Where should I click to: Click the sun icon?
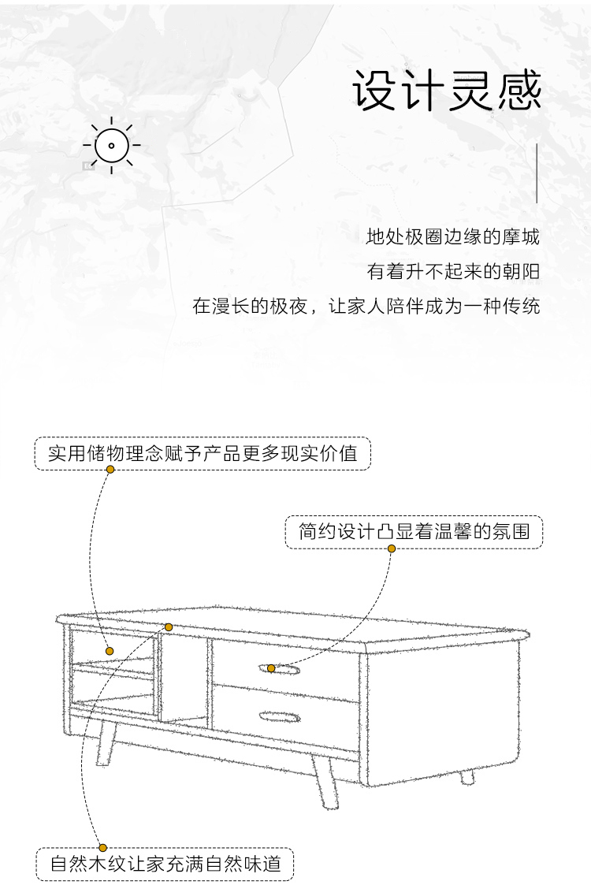click(x=111, y=145)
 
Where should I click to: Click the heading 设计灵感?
click(x=446, y=91)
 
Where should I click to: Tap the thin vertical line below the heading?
click(x=537, y=173)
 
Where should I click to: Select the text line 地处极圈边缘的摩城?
click(x=452, y=236)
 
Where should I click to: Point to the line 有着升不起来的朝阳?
click(x=453, y=271)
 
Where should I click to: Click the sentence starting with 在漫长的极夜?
click(x=366, y=307)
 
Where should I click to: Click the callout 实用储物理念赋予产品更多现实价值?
click(x=203, y=454)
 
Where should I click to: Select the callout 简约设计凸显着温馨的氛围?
click(x=414, y=532)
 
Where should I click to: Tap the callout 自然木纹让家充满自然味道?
click(x=165, y=864)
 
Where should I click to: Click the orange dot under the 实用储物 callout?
click(x=110, y=469)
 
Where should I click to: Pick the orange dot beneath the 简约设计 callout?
click(x=392, y=548)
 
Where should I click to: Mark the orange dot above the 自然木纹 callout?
click(x=103, y=847)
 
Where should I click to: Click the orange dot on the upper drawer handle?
click(x=271, y=668)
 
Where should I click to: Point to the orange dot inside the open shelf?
click(x=110, y=651)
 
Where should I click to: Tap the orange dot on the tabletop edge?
click(x=168, y=627)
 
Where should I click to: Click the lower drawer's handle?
click(x=280, y=716)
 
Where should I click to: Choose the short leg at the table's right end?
click(x=467, y=777)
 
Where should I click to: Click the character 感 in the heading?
click(x=519, y=91)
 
